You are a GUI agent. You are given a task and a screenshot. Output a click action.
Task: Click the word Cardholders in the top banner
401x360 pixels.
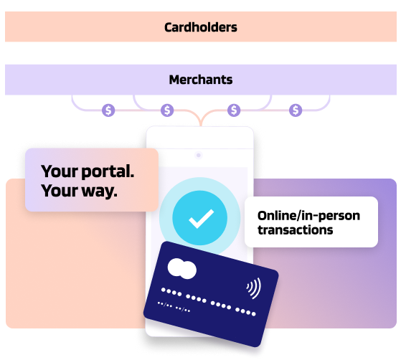201,27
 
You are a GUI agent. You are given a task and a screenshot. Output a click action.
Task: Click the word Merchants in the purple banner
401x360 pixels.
201,80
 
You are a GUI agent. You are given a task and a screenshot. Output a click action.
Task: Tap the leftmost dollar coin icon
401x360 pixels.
108,110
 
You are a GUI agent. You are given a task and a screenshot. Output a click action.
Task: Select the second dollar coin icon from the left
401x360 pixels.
167,110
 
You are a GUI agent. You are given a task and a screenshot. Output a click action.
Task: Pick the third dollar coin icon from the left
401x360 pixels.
234,110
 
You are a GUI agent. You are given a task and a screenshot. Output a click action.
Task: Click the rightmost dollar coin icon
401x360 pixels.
296,110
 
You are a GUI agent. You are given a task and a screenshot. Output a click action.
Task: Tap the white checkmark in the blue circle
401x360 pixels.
202,219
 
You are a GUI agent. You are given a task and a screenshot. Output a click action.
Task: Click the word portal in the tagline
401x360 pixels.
108,171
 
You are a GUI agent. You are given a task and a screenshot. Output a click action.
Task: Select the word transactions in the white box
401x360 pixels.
296,230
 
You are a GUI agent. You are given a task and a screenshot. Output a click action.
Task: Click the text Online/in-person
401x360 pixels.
308,216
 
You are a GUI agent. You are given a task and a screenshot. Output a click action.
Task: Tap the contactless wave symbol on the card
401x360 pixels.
254,288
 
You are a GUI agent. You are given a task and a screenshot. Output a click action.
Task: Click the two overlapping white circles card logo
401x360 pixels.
182,269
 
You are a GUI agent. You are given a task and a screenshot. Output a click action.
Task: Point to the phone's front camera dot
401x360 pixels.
199,155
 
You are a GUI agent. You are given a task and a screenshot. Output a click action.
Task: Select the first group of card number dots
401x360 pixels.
171,292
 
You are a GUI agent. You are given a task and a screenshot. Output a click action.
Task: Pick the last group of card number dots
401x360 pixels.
245,312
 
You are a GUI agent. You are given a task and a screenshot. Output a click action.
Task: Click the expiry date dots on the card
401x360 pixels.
174,307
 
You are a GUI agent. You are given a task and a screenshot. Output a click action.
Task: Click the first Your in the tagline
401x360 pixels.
60,171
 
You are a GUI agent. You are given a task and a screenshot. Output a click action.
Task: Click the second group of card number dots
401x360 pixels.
196,298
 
